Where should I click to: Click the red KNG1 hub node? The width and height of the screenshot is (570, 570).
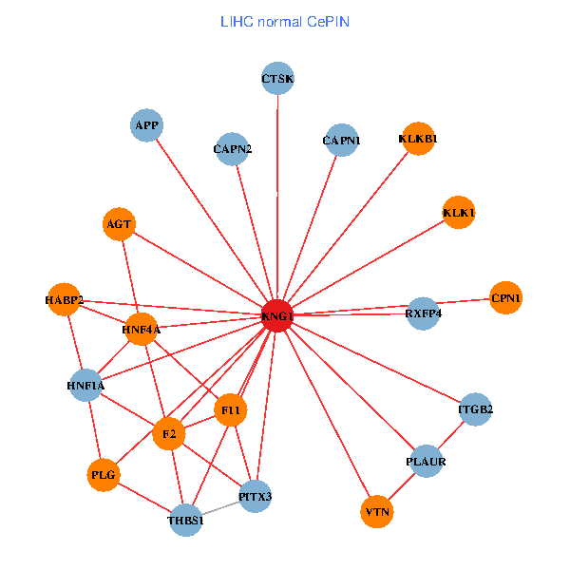pyautogui.click(x=276, y=315)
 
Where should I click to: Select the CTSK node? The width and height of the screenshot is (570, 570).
pyautogui.click(x=277, y=79)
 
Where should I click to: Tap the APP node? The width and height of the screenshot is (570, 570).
pyautogui.click(x=147, y=125)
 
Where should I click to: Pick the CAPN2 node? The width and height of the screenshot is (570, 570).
pyautogui.click(x=232, y=149)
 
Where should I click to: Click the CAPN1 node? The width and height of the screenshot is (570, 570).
pyautogui.click(x=341, y=142)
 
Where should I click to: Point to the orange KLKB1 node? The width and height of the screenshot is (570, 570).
pyautogui.click(x=418, y=139)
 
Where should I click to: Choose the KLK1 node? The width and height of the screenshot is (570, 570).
pyautogui.click(x=459, y=213)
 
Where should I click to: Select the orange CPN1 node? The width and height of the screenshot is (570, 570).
pyautogui.click(x=506, y=299)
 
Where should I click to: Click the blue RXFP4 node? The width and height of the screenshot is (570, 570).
pyautogui.click(x=424, y=313)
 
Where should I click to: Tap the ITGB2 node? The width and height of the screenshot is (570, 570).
pyautogui.click(x=476, y=410)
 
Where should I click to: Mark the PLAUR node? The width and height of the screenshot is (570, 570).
pyautogui.click(x=426, y=462)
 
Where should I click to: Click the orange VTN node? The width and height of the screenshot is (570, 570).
pyautogui.click(x=377, y=513)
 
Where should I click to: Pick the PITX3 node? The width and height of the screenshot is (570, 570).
pyautogui.click(x=256, y=496)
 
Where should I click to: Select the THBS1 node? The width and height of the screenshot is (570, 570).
pyautogui.click(x=186, y=520)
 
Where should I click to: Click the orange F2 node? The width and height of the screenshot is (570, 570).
pyautogui.click(x=169, y=434)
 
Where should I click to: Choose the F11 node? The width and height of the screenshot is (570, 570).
pyautogui.click(x=231, y=409)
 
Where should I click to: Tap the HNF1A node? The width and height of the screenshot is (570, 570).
pyautogui.click(x=85, y=385)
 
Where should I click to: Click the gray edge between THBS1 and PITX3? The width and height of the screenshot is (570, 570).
pyautogui.click(x=220, y=508)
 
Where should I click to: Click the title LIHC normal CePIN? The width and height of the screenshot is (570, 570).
pyautogui.click(x=284, y=20)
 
